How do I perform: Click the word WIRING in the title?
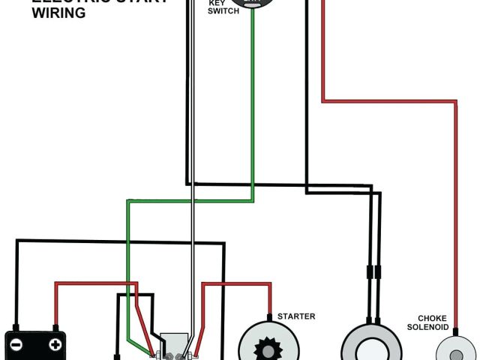pyautogui.click(x=58, y=13)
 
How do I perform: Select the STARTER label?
pyautogui.click(x=296, y=316)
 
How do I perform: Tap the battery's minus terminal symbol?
pyautogui.click(x=16, y=345)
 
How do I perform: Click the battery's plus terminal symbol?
pyautogui.click(x=55, y=345)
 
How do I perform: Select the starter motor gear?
pyautogui.click(x=266, y=349)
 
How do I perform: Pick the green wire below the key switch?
pyautogui.click(x=253, y=112)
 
